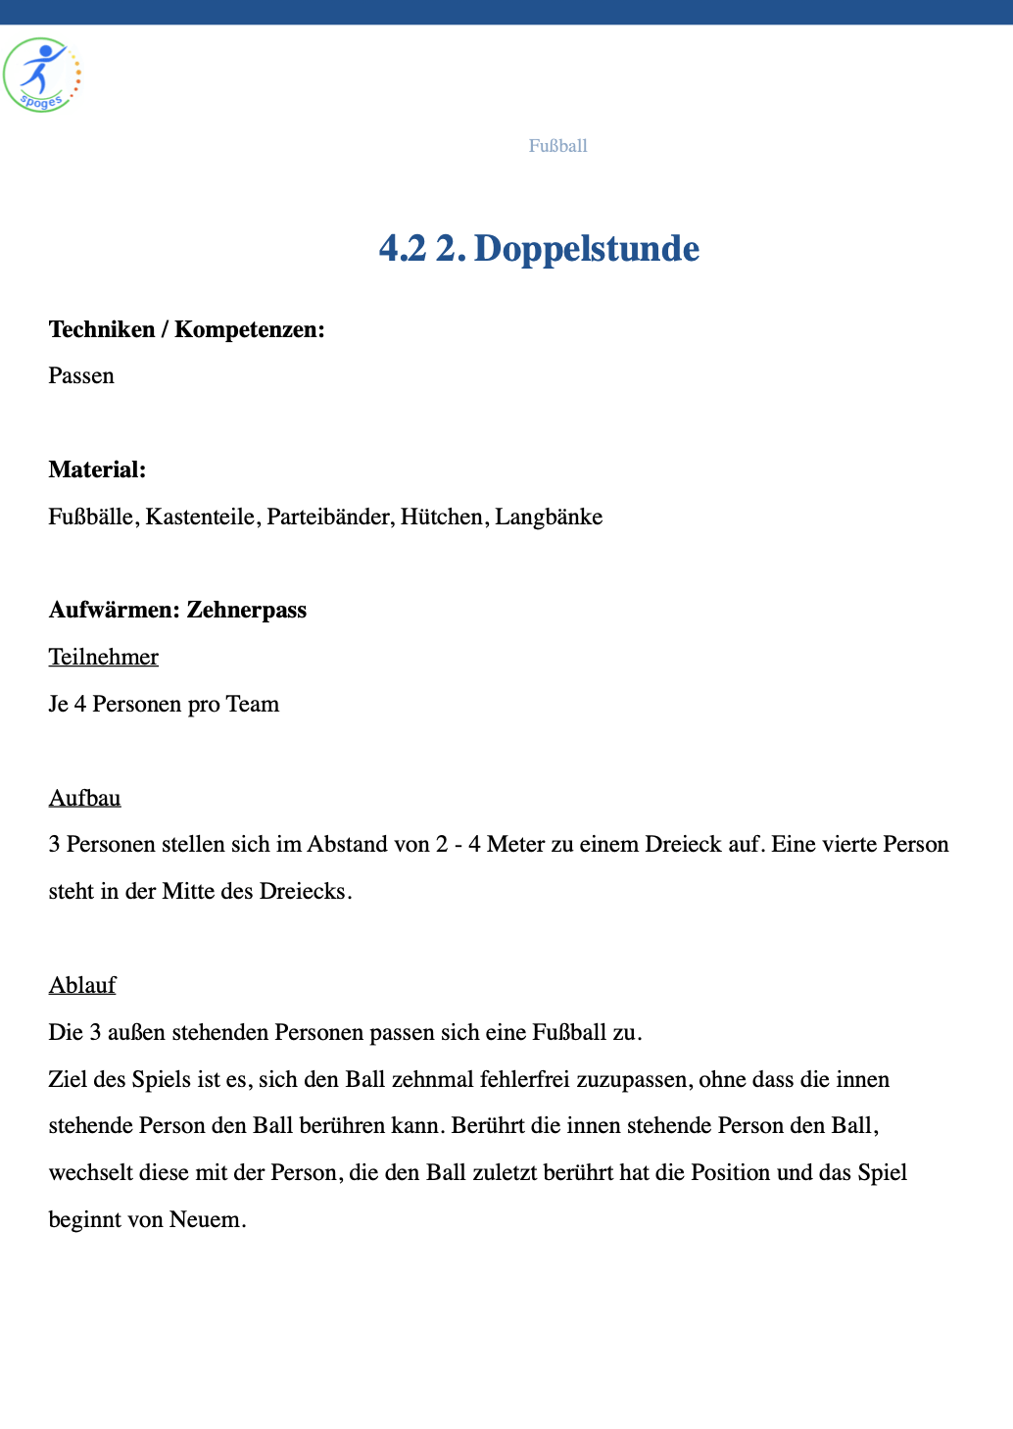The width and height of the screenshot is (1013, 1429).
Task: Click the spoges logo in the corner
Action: click(41, 75)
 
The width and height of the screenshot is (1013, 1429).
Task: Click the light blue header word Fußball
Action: click(557, 146)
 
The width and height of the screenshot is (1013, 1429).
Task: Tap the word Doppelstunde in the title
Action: click(586, 249)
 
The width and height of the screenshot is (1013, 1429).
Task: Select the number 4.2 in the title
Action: click(403, 249)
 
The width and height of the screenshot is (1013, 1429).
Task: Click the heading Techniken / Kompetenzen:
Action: click(186, 329)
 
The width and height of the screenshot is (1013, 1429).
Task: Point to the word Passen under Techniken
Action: click(81, 376)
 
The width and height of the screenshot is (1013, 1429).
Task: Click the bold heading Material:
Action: click(97, 469)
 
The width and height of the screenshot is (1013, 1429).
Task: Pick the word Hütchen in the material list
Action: click(442, 517)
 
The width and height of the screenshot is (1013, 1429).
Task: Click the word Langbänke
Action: click(549, 517)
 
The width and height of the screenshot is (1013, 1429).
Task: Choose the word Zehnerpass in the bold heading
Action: click(247, 610)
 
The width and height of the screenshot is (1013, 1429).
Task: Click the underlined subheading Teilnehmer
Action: click(104, 657)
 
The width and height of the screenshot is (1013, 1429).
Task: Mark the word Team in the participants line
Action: click(253, 704)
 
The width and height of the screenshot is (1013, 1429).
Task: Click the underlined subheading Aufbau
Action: click(85, 798)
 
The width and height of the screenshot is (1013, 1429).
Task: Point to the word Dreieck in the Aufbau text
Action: click(682, 844)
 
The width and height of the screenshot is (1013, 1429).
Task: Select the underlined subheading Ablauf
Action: click(82, 985)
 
